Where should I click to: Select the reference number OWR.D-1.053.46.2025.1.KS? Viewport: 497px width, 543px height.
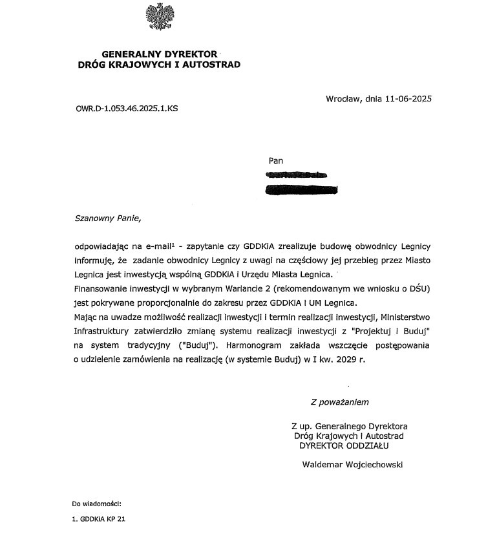click(x=127, y=109)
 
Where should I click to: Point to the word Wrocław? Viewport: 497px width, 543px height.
click(x=344, y=99)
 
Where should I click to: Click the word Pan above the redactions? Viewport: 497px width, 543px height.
click(x=275, y=160)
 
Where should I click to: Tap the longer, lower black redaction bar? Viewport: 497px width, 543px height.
click(x=303, y=189)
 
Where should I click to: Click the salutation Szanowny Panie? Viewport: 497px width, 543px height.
click(x=107, y=218)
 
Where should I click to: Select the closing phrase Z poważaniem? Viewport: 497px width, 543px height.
click(x=339, y=402)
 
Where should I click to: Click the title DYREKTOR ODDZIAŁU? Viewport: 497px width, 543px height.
click(x=344, y=445)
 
